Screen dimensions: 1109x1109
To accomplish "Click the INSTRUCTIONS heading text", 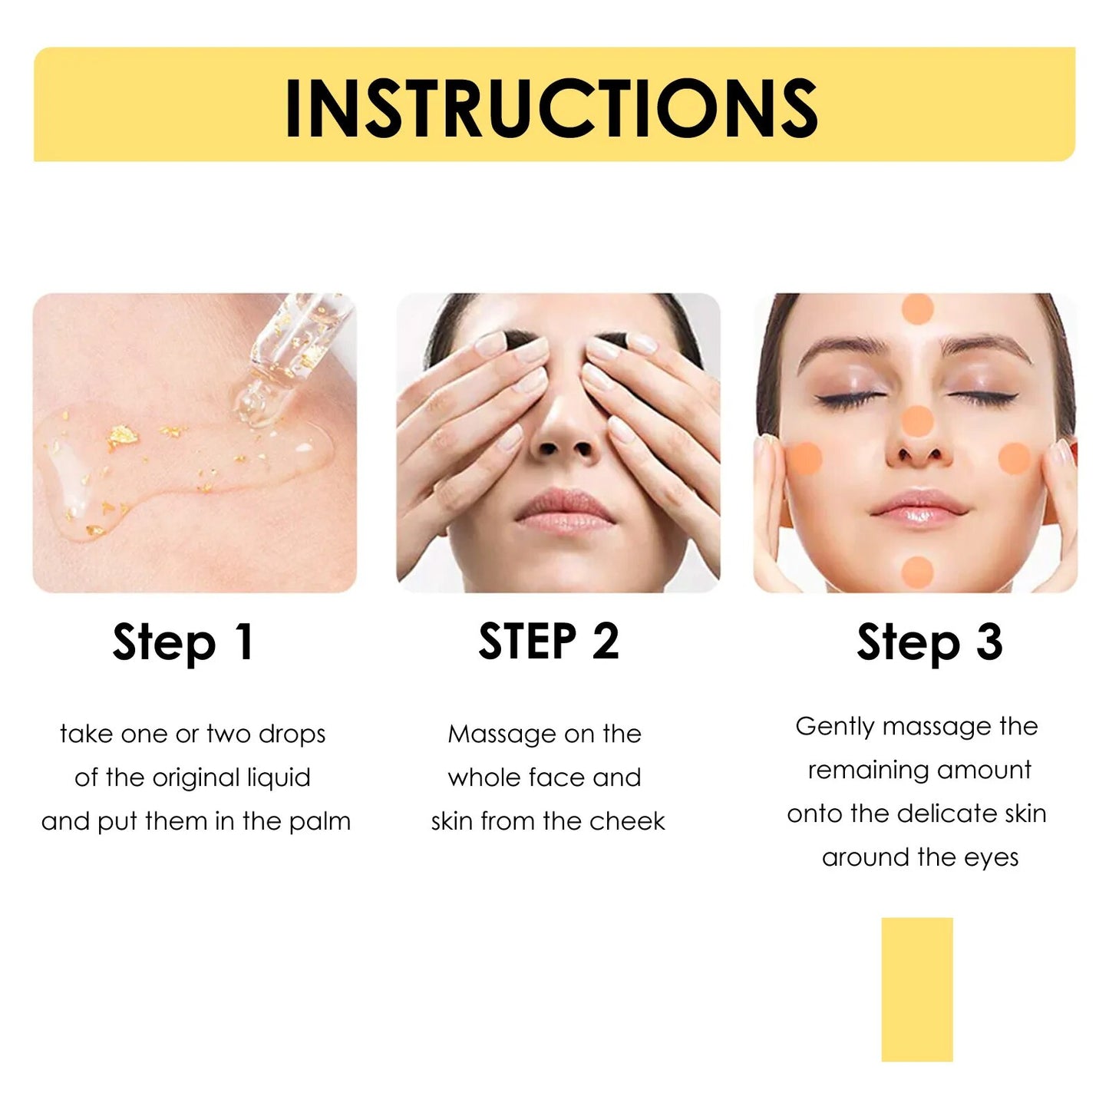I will pyautogui.click(x=551, y=107).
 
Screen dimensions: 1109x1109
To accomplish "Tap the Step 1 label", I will pyautogui.click(x=183, y=642).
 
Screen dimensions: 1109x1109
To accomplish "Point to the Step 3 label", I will pyautogui.click(x=929, y=642).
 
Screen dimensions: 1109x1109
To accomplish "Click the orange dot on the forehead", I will pyautogui.click(x=916, y=309).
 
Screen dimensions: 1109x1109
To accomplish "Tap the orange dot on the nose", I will pyautogui.click(x=916, y=421).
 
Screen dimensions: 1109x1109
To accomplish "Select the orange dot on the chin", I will pyautogui.click(x=916, y=571).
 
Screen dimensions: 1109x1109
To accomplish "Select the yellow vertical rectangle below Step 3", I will pyautogui.click(x=916, y=989).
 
